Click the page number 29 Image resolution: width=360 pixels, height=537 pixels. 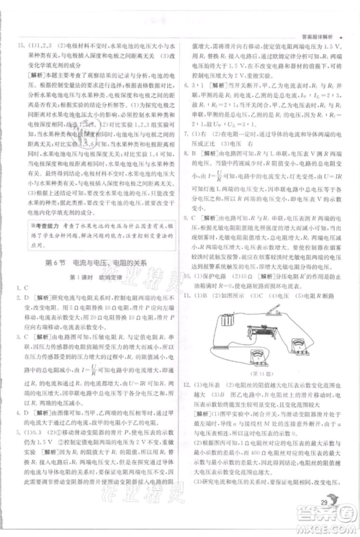click(x=325, y=501)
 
